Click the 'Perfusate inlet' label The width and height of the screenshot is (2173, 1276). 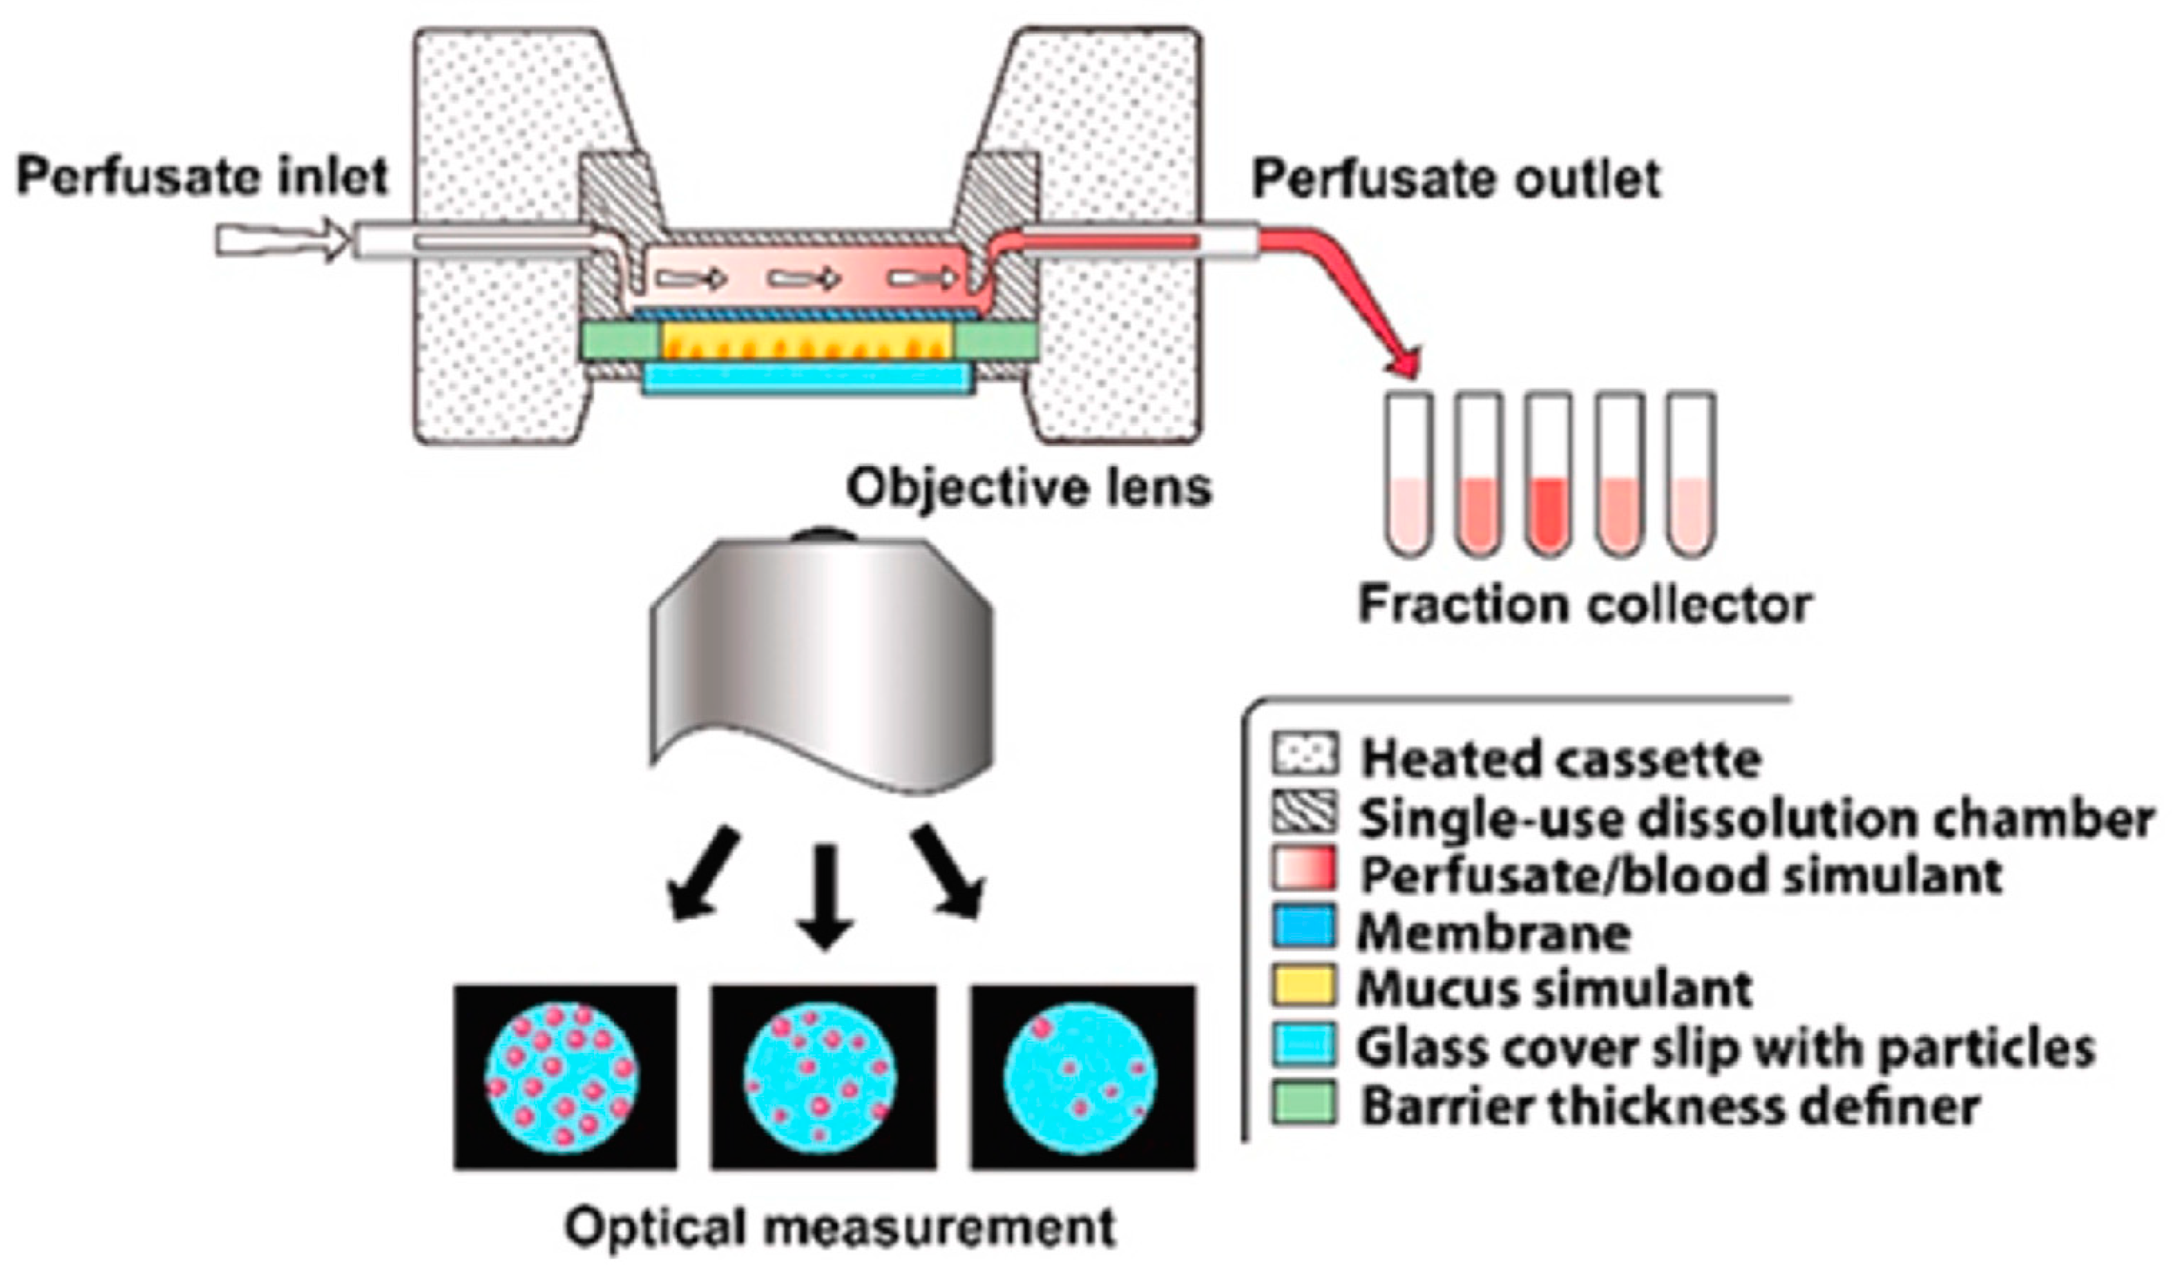tap(202, 177)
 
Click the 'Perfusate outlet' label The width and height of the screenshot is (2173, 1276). tap(1455, 180)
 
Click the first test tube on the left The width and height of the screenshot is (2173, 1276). tap(1410, 474)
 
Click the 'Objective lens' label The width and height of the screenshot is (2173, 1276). tap(1028, 488)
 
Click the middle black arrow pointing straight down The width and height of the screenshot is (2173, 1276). tap(825, 897)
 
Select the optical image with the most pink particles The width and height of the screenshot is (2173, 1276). tap(565, 1077)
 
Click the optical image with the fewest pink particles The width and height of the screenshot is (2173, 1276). tap(1082, 1077)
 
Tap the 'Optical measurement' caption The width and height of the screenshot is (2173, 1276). tap(841, 1227)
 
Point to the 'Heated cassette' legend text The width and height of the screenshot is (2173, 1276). tap(1561, 759)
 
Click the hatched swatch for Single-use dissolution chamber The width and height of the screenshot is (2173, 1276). tap(1303, 813)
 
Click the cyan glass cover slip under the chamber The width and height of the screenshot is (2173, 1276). tap(809, 378)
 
